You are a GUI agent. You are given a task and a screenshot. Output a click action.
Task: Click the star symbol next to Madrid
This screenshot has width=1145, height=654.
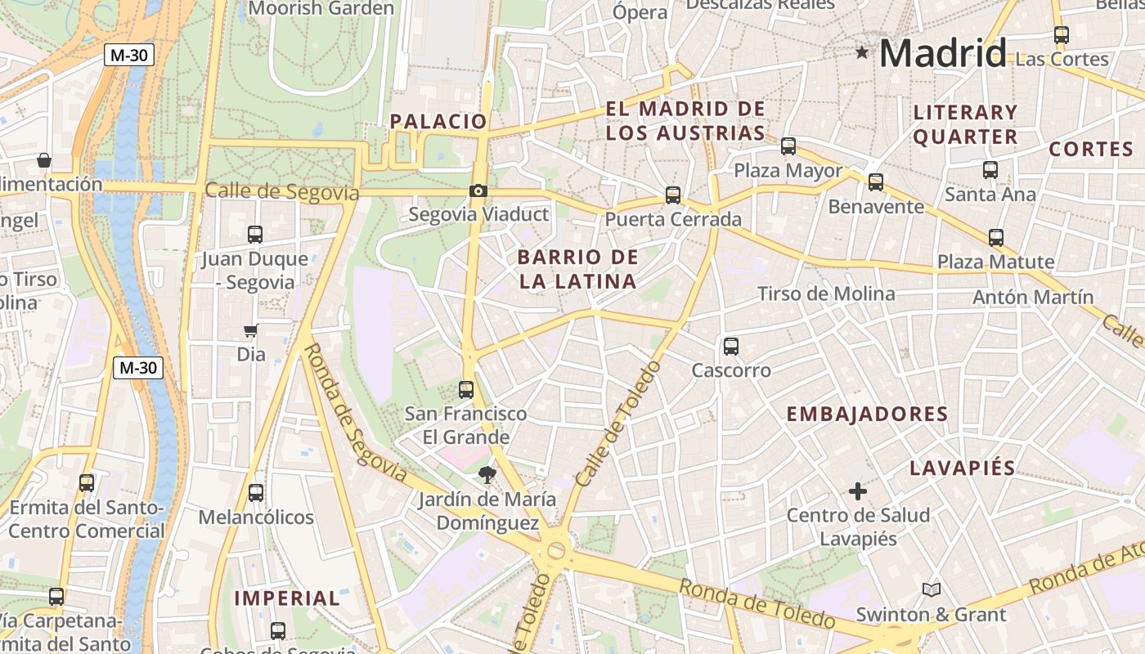(861, 53)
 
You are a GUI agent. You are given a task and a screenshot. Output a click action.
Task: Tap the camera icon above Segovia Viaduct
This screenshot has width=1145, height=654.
(478, 191)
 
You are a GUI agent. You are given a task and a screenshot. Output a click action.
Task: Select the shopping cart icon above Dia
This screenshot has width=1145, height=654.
(251, 331)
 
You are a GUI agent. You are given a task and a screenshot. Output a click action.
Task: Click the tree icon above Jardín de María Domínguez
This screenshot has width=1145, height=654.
(487, 474)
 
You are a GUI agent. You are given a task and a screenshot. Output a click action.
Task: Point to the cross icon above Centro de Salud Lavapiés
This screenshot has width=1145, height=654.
(857, 491)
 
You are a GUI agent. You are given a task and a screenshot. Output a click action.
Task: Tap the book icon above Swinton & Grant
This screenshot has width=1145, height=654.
(931, 589)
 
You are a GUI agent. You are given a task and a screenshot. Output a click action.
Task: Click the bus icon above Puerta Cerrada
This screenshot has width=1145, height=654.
(673, 195)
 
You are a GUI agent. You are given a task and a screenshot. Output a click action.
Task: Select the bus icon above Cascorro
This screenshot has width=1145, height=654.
(731, 347)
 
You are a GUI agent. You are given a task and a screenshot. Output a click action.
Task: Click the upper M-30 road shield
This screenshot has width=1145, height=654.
(129, 56)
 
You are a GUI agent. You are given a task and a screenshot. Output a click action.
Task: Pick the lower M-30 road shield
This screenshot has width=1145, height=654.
(137, 368)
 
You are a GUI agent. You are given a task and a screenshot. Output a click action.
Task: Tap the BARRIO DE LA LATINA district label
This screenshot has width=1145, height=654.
(577, 269)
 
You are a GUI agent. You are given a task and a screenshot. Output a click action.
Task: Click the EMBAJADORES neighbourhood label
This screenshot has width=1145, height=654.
(867, 414)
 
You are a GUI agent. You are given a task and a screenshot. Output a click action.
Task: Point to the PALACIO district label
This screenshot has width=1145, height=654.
(438, 122)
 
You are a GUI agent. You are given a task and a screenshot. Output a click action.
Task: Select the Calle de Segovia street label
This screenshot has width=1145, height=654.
(281, 192)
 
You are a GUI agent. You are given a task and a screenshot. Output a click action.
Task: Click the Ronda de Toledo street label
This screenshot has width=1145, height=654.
(757, 603)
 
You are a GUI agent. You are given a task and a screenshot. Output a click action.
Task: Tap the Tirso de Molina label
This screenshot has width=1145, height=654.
(826, 293)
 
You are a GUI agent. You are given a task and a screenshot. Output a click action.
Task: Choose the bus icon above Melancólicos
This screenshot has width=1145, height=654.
(256, 493)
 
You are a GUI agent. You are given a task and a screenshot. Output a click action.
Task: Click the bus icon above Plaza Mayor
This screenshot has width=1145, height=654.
(788, 147)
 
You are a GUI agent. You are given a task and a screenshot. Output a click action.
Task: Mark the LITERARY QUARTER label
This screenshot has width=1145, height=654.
(965, 124)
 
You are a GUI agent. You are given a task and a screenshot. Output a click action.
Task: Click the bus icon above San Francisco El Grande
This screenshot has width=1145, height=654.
(466, 390)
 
